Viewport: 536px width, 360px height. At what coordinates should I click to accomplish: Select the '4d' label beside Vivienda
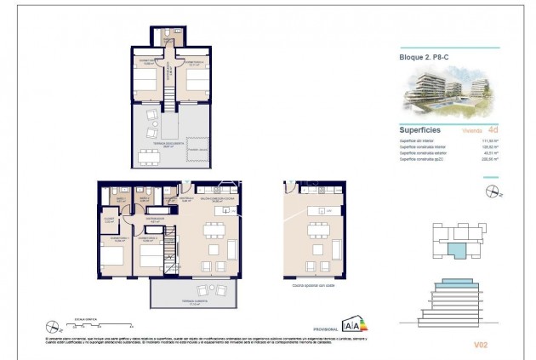tap(491, 131)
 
